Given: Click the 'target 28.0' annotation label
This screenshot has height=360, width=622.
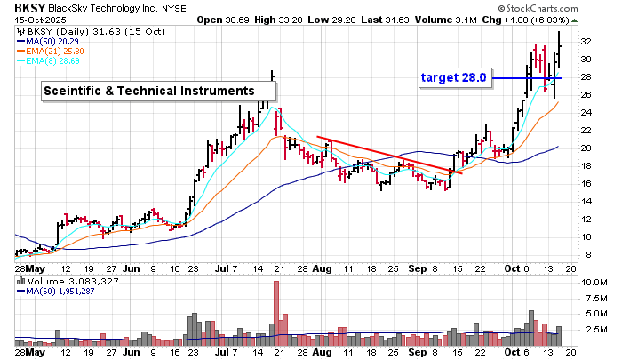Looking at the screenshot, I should point(454,78).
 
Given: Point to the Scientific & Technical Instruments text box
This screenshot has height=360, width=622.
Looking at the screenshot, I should point(159,91).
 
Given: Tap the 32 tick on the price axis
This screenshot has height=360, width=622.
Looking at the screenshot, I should point(585,41).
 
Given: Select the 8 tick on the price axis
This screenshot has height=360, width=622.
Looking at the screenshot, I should point(582,255).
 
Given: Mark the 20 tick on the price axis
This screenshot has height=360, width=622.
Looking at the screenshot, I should point(585,148).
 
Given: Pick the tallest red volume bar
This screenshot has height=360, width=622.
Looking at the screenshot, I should point(276,312).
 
